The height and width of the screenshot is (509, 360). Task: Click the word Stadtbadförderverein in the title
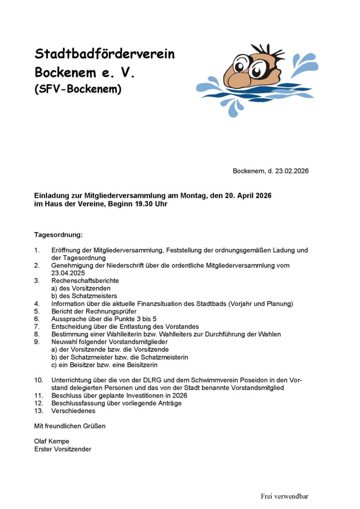pyautogui.click(x=104, y=54)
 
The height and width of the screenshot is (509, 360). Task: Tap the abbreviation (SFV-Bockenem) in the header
pyautogui.click(x=78, y=89)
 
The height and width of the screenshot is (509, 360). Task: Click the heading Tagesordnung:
pyautogui.click(x=58, y=234)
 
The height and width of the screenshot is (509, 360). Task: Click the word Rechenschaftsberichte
pyautogui.click(x=85, y=280)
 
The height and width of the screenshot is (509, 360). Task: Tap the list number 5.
pyautogui.click(x=37, y=311)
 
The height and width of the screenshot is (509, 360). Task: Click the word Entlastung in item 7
pyautogui.click(x=152, y=327)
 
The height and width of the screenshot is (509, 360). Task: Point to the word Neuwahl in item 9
pyautogui.click(x=63, y=342)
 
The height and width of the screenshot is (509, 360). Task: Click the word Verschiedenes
pyautogui.click(x=73, y=411)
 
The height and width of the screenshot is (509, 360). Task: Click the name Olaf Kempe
pyautogui.click(x=52, y=441)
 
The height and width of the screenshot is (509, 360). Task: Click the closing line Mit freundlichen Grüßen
pyautogui.click(x=70, y=426)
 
